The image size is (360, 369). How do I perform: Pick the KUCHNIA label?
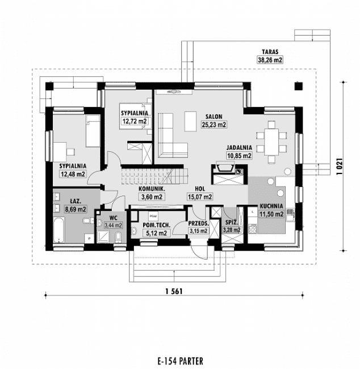pos(273,206)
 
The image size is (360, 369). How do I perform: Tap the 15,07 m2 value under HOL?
pos(199,197)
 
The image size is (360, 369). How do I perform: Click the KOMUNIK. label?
pos(151,189)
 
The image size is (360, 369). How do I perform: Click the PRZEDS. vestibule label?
pos(199,224)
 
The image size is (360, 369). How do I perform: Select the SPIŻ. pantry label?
pos(231,223)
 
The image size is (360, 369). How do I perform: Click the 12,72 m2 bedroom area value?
pos(134,121)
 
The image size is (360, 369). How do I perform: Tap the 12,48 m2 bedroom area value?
pos(72,174)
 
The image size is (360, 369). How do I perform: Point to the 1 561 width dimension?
pos(176,292)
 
